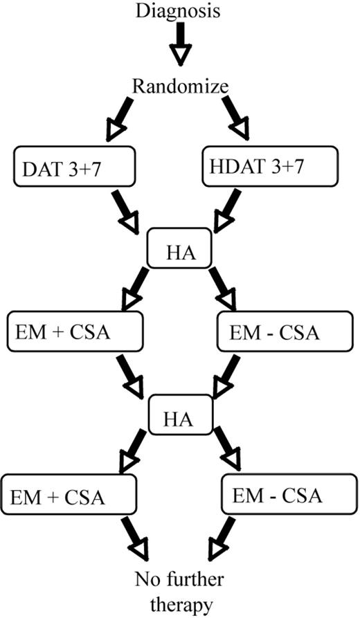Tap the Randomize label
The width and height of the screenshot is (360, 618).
(179, 88)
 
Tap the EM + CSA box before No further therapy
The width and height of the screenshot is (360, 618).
(67, 496)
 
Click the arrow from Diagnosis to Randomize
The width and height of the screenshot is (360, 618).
(179, 44)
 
